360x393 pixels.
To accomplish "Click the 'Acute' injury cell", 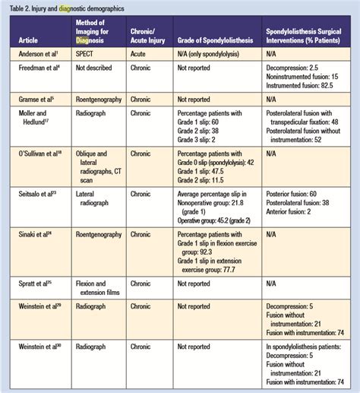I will [x=141, y=54].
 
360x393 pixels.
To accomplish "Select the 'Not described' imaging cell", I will [x=99, y=68].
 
